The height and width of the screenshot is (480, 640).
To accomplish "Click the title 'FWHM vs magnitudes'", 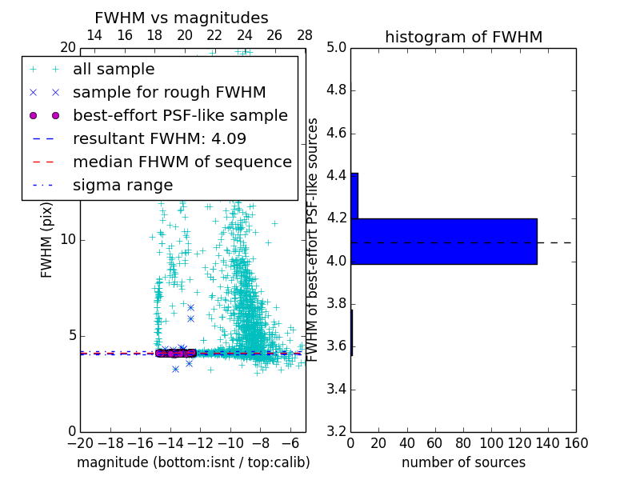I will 182,18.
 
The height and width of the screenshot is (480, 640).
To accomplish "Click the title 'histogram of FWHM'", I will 463,37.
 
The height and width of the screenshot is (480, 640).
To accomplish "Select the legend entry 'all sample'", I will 114,70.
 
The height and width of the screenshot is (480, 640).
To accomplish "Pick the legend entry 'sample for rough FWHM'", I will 169,93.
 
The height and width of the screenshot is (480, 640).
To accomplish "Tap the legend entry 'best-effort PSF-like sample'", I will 180,115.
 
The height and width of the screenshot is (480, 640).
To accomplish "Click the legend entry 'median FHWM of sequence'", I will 182,162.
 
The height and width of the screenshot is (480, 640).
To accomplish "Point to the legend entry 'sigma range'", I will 122,185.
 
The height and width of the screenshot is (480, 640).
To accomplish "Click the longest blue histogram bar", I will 444,241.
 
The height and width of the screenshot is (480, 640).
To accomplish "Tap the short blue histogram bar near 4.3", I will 354,195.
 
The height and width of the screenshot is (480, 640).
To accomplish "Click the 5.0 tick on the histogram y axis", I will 336,47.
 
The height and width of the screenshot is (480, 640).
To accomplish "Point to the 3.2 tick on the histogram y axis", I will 336,432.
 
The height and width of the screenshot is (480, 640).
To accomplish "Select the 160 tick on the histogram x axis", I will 576,443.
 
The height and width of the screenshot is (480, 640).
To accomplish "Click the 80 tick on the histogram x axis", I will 463,443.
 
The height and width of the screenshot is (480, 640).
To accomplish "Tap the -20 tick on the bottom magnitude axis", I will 80,443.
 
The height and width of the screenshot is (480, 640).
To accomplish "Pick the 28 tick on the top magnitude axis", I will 305,35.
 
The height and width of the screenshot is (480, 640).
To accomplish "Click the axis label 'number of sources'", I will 463,462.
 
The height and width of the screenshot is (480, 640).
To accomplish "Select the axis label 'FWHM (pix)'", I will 47,239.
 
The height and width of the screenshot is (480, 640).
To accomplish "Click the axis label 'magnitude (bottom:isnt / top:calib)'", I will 193,462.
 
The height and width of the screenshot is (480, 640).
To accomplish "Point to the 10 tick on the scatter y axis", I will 69,239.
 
